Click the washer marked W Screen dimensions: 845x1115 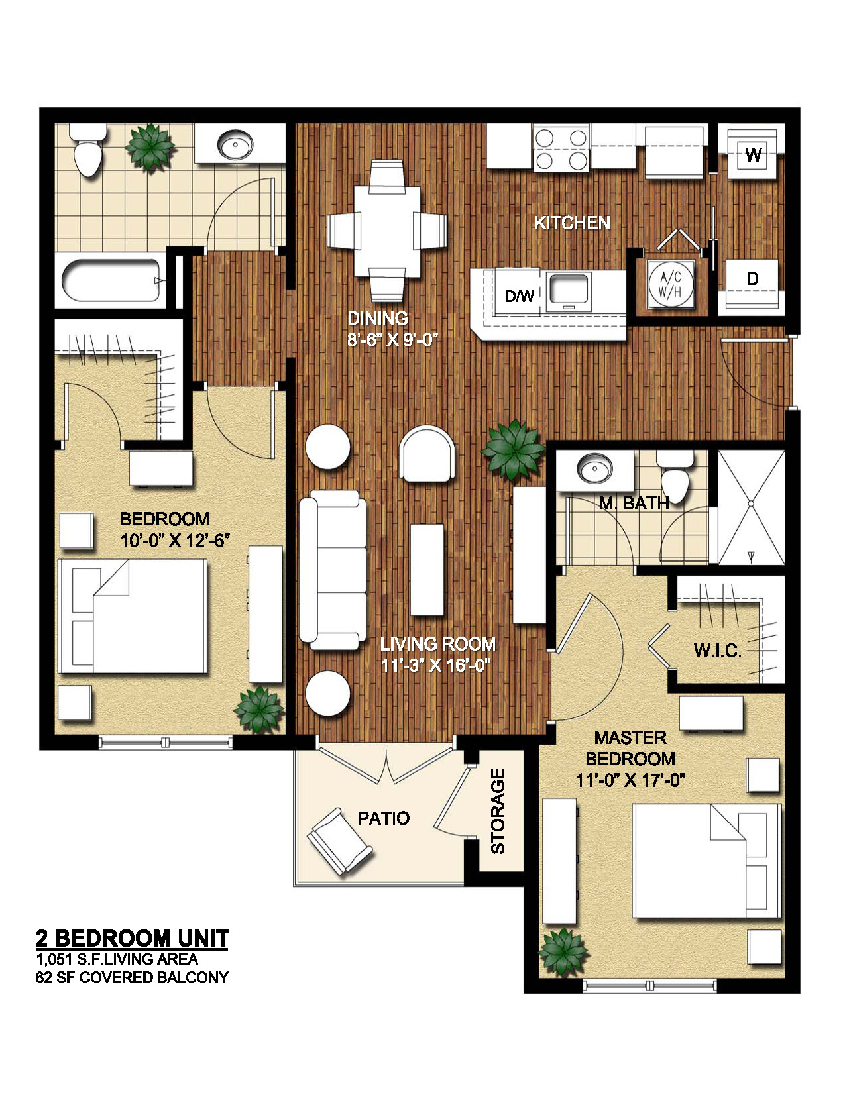[753, 154]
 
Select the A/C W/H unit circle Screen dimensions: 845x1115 [671, 285]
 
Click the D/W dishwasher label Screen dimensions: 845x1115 [520, 296]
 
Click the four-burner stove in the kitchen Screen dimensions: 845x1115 [561, 148]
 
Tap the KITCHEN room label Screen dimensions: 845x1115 [572, 223]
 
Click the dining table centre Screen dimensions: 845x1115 [387, 231]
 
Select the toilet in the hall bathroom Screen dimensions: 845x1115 [87, 150]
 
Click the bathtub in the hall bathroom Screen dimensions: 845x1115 [113, 281]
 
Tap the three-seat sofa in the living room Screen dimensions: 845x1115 [333, 570]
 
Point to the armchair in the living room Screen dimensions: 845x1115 [427, 454]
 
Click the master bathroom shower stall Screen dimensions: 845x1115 [751, 507]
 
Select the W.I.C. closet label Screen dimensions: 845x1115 [718, 650]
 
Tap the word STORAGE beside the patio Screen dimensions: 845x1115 [498, 811]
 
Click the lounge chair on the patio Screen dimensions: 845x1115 [339, 840]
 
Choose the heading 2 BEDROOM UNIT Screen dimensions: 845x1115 [133, 938]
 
